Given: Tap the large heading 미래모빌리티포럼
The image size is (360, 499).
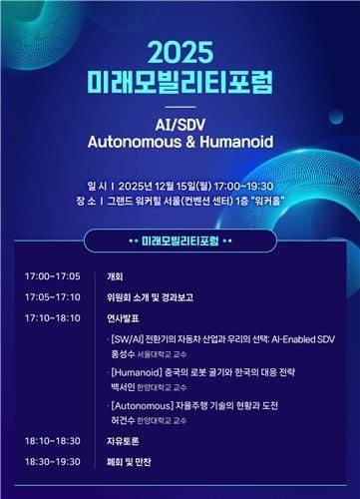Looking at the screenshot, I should tap(180, 79).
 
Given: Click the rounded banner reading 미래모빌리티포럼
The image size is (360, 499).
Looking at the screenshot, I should tap(180, 242).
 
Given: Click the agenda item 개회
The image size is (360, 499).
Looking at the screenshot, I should tap(115, 275).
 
